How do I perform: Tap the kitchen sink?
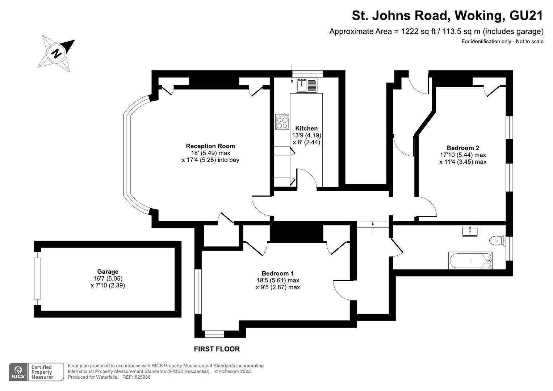tap(306, 85)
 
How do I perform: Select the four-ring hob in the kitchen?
tap(282, 122)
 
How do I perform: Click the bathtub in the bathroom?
tap(470, 261)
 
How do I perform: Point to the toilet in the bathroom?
tap(497, 240)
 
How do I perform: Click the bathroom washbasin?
tap(470, 231)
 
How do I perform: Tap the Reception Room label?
tap(210, 146)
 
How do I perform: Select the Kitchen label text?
tap(306, 128)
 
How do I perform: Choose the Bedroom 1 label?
tap(277, 273)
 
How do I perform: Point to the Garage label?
tap(108, 272)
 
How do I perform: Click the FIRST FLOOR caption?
tap(217, 349)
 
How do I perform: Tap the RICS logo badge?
tap(18, 372)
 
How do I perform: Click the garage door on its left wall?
tap(37, 278)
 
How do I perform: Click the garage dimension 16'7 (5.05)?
tap(108, 278)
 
